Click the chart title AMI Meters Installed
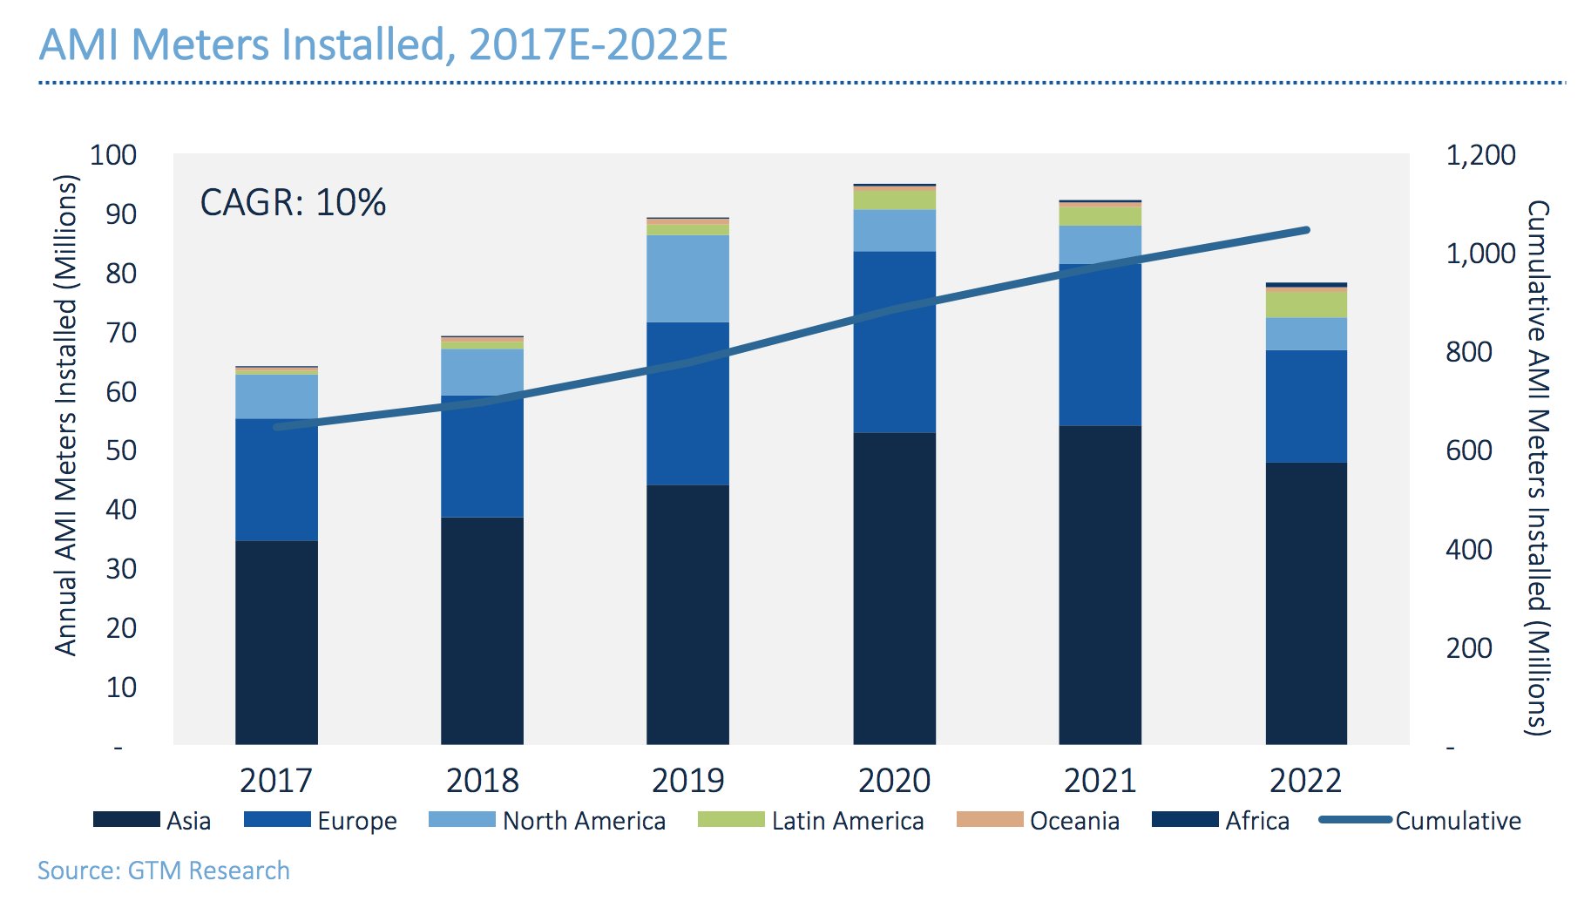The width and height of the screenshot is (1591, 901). coord(383,45)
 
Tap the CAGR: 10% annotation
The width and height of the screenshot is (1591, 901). coord(292,203)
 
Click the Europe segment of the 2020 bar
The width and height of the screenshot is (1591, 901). coord(894,342)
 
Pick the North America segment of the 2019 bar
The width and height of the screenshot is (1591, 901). coord(687,279)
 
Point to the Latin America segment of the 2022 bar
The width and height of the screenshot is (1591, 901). coord(1306,304)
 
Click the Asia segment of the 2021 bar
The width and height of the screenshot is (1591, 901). coord(1100,585)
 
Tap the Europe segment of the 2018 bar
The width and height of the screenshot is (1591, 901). coord(482,457)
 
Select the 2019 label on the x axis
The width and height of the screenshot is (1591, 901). coord(687,780)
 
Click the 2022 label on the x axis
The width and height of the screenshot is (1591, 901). coord(1305,780)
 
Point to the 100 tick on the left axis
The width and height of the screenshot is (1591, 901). coord(113,155)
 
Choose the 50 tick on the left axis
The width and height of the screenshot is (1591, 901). coord(121,450)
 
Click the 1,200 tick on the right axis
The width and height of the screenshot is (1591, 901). coord(1480,155)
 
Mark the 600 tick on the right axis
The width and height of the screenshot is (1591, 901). coord(1468,450)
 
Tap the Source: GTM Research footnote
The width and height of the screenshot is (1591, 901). coord(163,871)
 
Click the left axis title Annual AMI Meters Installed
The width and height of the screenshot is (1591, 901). coord(66,415)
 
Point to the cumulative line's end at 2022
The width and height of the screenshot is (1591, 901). coord(1306,230)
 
